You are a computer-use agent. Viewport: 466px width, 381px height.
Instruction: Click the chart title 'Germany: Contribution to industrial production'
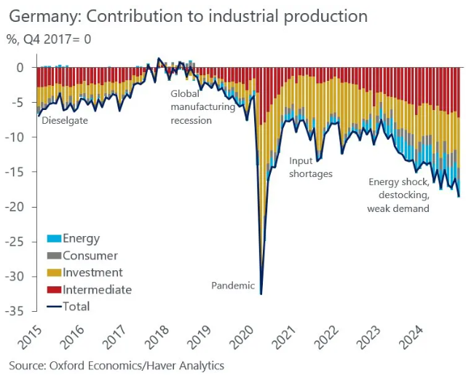[188, 15]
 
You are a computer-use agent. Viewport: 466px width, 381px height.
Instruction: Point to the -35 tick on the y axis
[15, 312]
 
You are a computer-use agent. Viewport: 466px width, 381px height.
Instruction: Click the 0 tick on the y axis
[20, 68]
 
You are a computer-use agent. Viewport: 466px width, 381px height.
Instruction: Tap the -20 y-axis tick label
[15, 207]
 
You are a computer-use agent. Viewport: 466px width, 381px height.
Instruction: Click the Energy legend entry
[81, 238]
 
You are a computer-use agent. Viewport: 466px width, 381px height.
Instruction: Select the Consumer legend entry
[90, 255]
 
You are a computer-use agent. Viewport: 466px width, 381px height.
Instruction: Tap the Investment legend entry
[92, 272]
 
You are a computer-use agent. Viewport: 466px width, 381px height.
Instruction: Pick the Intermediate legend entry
[97, 289]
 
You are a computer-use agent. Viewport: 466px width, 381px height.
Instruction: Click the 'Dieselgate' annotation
[66, 120]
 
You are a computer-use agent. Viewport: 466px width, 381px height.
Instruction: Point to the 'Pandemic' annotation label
[233, 286]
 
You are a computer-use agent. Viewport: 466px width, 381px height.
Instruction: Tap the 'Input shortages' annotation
[311, 167]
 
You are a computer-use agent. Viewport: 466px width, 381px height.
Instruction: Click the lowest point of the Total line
[261, 294]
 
